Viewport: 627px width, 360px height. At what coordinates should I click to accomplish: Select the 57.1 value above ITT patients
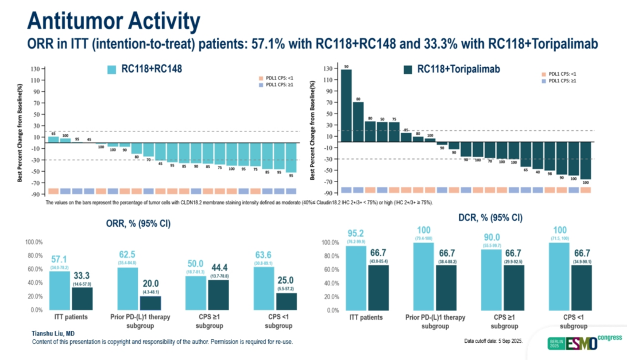point(59,260)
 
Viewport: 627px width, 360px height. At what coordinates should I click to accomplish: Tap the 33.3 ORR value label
point(82,276)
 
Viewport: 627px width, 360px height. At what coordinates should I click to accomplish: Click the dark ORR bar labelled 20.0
point(150,303)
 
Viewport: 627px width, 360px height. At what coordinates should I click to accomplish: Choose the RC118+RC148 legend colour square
point(113,69)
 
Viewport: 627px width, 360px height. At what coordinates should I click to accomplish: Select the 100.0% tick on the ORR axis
point(34,242)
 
